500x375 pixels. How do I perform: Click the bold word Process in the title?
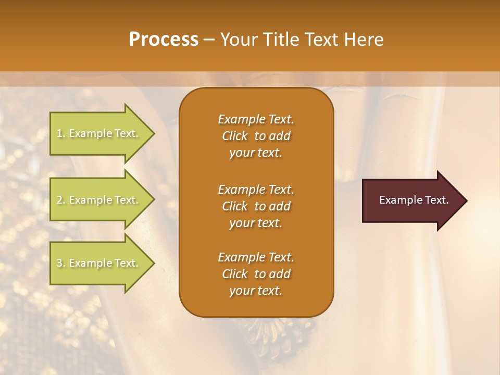coord(164,40)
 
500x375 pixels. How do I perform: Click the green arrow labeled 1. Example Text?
coord(99,133)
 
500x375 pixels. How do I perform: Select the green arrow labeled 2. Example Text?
coord(99,200)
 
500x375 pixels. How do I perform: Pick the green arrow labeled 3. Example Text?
coord(99,263)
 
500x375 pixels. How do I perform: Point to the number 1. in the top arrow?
coord(61,133)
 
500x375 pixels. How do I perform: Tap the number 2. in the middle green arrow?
coord(61,200)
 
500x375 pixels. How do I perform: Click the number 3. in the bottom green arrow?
coord(61,263)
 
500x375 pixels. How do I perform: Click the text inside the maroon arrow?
coord(414,200)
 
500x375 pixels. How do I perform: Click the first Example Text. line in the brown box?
coord(256,119)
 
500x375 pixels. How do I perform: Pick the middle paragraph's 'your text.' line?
coord(256,223)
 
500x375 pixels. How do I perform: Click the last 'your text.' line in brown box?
coord(256,291)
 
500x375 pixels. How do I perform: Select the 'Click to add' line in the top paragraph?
coord(256,136)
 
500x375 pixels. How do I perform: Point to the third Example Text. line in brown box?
coord(256,257)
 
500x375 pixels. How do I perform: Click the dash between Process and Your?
coord(209,40)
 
